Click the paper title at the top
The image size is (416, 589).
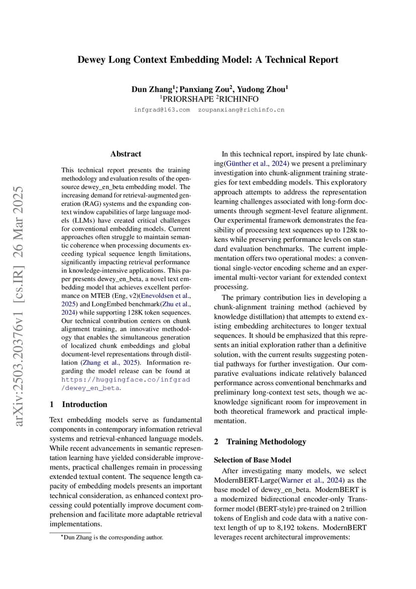point(207,60)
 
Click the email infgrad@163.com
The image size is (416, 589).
point(162,110)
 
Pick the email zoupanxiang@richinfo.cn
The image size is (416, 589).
point(241,110)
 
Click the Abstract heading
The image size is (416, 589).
point(126,154)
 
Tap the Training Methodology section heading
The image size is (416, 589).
point(266,441)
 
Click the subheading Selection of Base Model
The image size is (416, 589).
point(252,460)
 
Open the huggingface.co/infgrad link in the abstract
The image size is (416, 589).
point(126,379)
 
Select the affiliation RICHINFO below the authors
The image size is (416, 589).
point(238,99)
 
